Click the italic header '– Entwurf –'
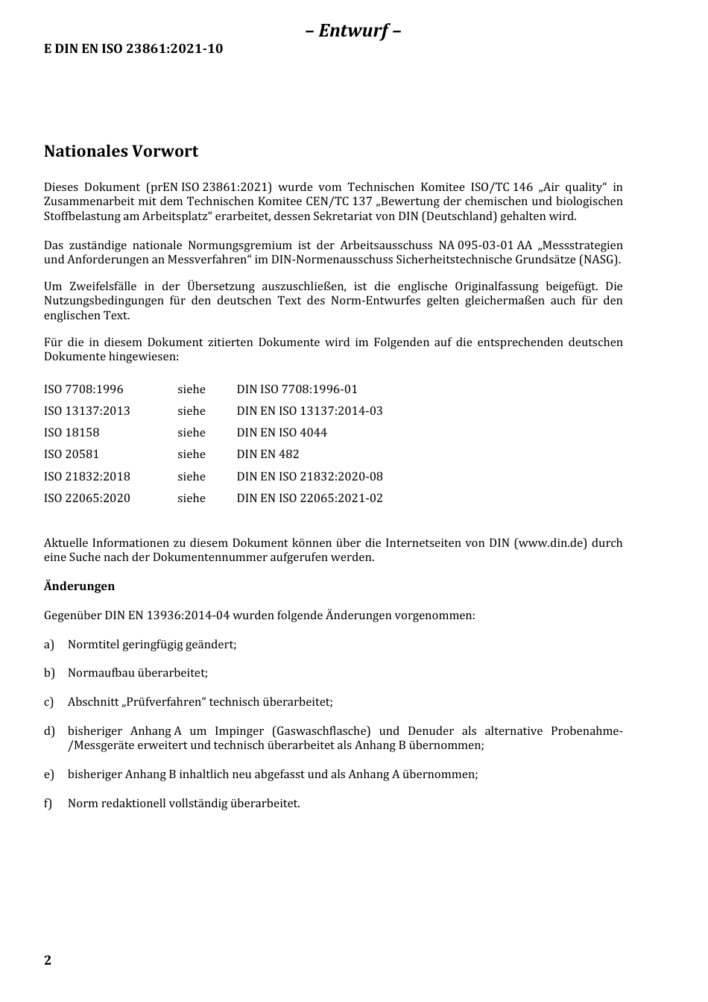[353, 31]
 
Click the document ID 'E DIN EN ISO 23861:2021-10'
[133, 49]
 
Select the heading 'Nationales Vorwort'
[121, 151]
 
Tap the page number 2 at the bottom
[48, 960]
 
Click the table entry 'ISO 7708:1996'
[83, 389]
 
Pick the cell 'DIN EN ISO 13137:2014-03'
[309, 411]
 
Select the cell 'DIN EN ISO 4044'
[282, 433]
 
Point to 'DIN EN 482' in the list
[268, 454]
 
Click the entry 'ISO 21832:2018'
[86, 476]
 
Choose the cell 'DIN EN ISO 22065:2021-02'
[309, 498]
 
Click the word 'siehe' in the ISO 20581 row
[192, 454]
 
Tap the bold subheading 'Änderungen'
[79, 586]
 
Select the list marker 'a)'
[49, 645]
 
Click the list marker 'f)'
[48, 804]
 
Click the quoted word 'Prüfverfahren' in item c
[165, 702]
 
